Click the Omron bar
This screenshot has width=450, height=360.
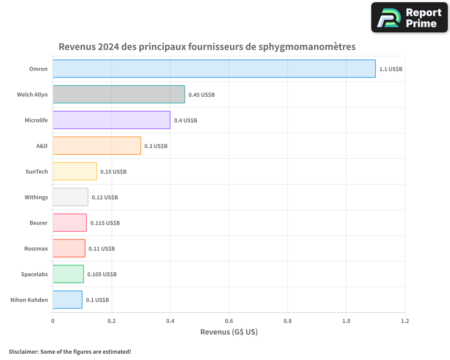[x=214, y=68]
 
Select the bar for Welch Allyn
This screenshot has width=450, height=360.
[x=119, y=94]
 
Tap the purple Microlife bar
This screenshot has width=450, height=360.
[x=111, y=120]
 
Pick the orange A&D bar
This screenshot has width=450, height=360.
[x=97, y=146]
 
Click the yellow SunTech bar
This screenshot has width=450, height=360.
[x=75, y=171]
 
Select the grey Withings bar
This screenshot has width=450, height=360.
[x=70, y=197]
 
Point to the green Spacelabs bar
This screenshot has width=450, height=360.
[x=68, y=274]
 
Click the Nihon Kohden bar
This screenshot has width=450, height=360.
[x=67, y=300]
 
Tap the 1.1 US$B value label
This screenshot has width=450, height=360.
[x=391, y=69]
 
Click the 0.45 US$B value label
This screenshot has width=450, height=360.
[x=202, y=95]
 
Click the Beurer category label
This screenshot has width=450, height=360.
[x=39, y=223]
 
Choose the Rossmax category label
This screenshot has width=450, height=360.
[x=36, y=249]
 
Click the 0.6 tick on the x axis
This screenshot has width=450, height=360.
[x=229, y=321]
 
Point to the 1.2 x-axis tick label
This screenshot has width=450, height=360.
[x=405, y=321]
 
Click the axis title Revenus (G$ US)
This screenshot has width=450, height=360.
[x=229, y=332]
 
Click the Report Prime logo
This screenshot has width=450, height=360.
[x=409, y=18]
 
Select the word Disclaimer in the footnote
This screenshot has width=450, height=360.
[x=23, y=351]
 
